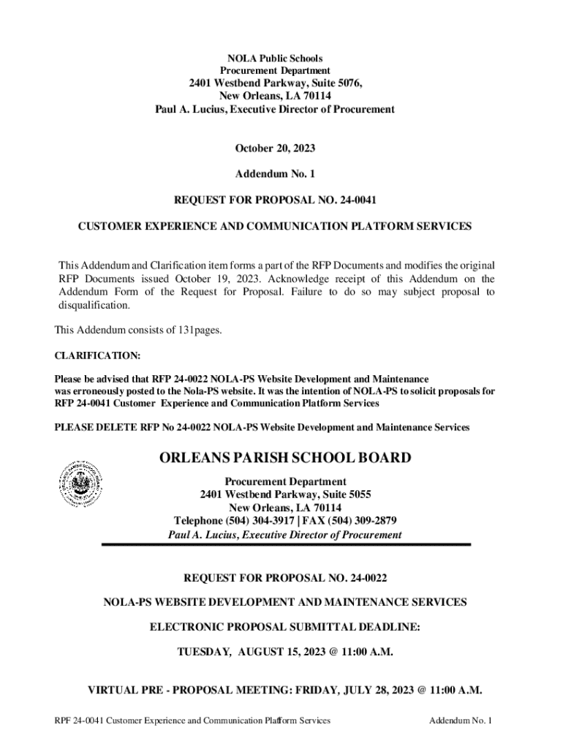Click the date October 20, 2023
[274, 148]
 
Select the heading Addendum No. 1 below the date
[274, 175]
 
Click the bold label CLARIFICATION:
[98, 355]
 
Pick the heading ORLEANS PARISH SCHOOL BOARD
[285, 459]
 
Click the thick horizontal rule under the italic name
[285, 545]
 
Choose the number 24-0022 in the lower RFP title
[361, 578]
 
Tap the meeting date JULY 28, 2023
[382, 690]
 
